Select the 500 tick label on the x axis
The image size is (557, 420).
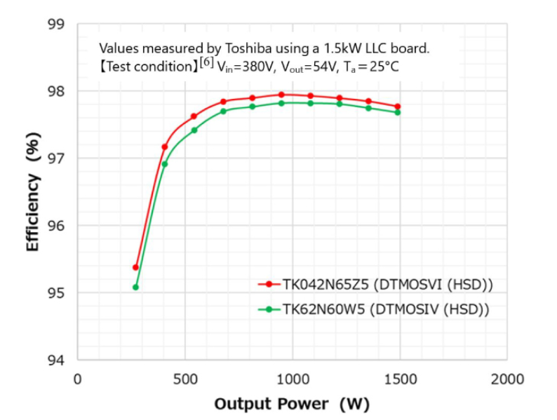pos(184,379)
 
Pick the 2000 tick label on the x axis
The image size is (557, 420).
pos(506,379)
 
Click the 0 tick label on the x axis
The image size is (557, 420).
pos(78,379)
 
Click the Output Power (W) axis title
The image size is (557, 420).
pos(291,404)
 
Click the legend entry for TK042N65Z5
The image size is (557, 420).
pos(387,284)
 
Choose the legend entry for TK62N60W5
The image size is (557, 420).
pos(385,309)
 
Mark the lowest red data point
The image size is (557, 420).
pos(135,267)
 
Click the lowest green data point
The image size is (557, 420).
pos(135,287)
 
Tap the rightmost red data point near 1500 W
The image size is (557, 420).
pos(398,107)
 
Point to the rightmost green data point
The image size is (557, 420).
pos(398,112)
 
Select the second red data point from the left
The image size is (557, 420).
pos(165,147)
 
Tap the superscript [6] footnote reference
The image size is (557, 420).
pos(206,63)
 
